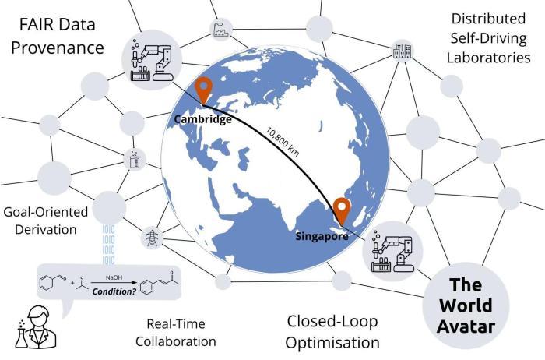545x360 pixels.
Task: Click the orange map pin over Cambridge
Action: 203,90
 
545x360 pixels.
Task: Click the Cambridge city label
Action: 202,119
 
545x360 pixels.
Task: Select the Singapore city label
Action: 322,236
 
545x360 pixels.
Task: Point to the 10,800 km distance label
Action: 283,141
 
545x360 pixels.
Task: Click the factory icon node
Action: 221,29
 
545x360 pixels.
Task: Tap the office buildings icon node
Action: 403,51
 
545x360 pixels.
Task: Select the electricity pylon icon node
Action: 153,238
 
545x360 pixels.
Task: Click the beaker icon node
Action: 135,160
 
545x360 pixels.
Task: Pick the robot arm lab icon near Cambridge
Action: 152,60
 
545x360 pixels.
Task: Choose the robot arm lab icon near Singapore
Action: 392,251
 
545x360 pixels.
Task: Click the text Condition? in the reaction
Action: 114,291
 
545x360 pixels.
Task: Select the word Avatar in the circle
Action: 466,326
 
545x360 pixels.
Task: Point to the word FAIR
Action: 36,25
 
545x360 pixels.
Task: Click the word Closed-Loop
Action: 332,321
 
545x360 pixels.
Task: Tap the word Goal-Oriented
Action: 45,212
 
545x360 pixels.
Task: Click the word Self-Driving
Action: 489,38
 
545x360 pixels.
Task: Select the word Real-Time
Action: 176,324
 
